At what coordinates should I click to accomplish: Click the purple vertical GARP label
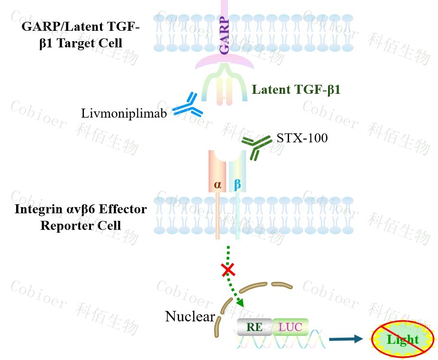(224, 36)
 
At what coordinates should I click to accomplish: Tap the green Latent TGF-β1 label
(296, 90)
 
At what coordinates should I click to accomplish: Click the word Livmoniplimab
(124, 113)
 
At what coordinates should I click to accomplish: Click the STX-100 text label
(302, 138)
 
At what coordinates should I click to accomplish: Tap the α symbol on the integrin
(218, 184)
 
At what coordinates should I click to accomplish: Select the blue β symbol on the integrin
(237, 184)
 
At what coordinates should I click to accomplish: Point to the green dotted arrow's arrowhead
(240, 303)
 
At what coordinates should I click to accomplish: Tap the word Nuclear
(190, 316)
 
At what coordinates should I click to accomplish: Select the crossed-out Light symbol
(402, 339)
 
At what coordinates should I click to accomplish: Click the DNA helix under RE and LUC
(280, 342)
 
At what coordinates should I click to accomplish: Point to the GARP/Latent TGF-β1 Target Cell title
(81, 35)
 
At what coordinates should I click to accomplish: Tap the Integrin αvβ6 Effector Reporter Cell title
(81, 216)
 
